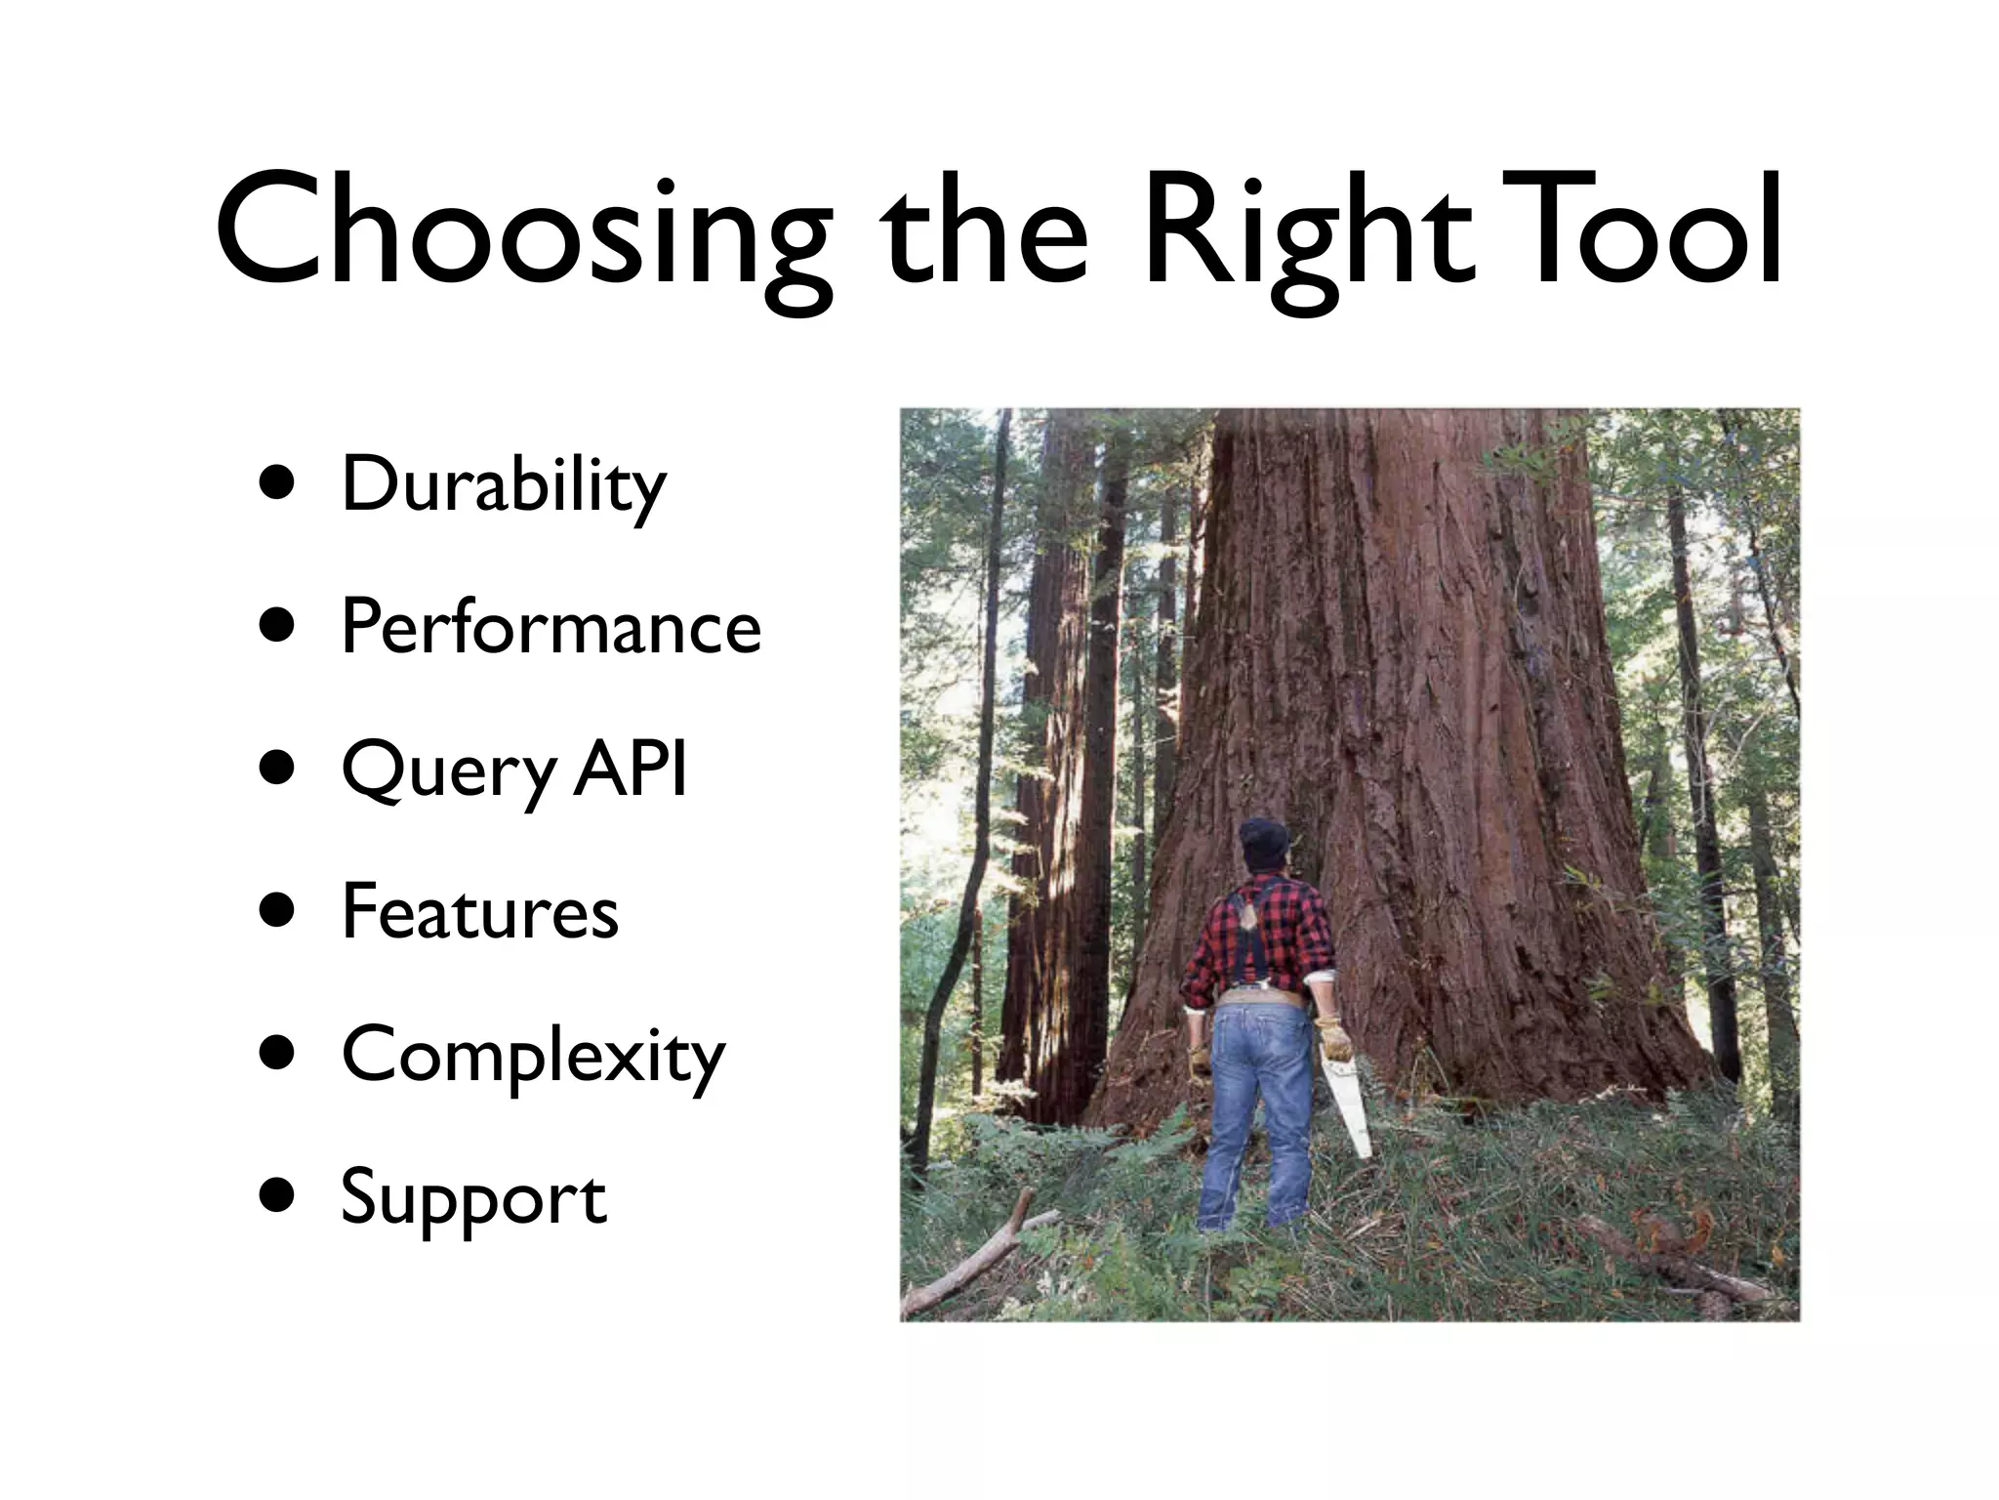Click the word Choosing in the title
pyautogui.click(x=522, y=234)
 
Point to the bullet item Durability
pyautogui.click(x=503, y=485)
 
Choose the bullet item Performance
pyautogui.click(x=550, y=628)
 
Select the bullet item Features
pyautogui.click(x=479, y=912)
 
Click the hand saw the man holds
pyautogui.click(x=1348, y=1104)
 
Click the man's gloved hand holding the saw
pyautogui.click(x=1333, y=1040)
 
